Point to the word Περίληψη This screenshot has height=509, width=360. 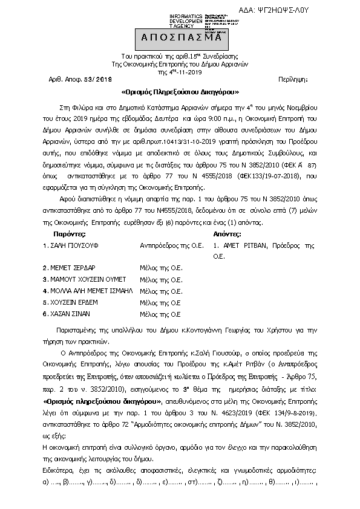click(x=295, y=80)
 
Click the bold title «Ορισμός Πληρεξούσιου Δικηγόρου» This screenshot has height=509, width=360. click(x=180, y=93)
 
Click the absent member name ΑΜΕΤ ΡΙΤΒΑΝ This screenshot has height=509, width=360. click(x=246, y=247)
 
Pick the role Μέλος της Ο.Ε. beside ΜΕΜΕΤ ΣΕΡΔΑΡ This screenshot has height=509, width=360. click(x=161, y=268)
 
